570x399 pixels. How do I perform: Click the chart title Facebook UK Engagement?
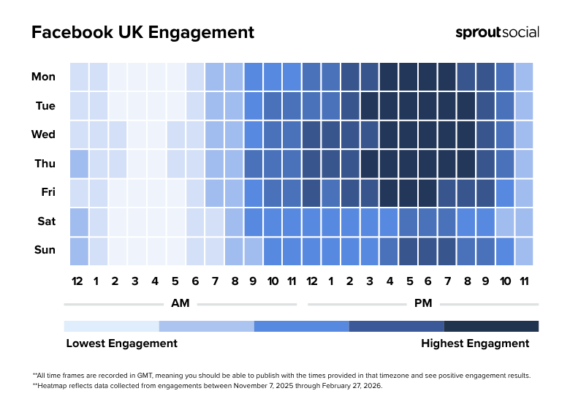click(x=142, y=33)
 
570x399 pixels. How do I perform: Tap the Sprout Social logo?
click(x=497, y=32)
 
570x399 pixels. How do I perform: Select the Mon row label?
click(x=43, y=77)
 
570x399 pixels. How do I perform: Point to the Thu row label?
click(x=45, y=164)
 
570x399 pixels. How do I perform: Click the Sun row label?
click(x=45, y=250)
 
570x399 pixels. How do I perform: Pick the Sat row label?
click(x=45, y=221)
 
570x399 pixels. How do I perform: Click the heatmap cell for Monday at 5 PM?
click(x=408, y=77)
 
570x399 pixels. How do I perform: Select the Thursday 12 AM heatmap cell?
click(x=79, y=164)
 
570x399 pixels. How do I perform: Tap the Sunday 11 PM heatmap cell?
click(x=524, y=250)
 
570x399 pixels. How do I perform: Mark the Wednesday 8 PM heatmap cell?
click(x=465, y=134)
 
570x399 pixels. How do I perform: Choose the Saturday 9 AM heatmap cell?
click(x=253, y=221)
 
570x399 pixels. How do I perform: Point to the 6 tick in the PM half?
click(x=427, y=281)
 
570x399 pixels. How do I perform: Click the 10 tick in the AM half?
click(x=273, y=281)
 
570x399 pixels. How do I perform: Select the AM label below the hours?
click(x=180, y=303)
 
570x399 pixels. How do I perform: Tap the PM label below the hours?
click(x=423, y=303)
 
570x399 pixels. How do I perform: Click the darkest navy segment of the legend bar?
click(x=491, y=326)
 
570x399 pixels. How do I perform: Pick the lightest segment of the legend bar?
click(x=111, y=326)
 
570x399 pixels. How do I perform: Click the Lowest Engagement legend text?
click(x=121, y=343)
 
